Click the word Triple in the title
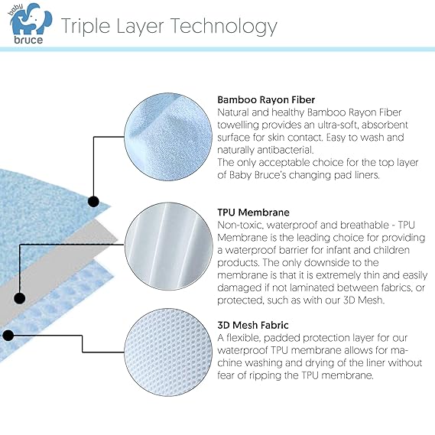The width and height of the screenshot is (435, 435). (86, 27)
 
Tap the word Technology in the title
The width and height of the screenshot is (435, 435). (223, 27)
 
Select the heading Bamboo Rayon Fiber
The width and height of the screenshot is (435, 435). (265, 99)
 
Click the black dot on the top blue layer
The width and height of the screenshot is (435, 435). (94, 202)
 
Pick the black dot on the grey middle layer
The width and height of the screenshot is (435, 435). (19, 298)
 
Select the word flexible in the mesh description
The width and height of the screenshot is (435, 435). (248, 336)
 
